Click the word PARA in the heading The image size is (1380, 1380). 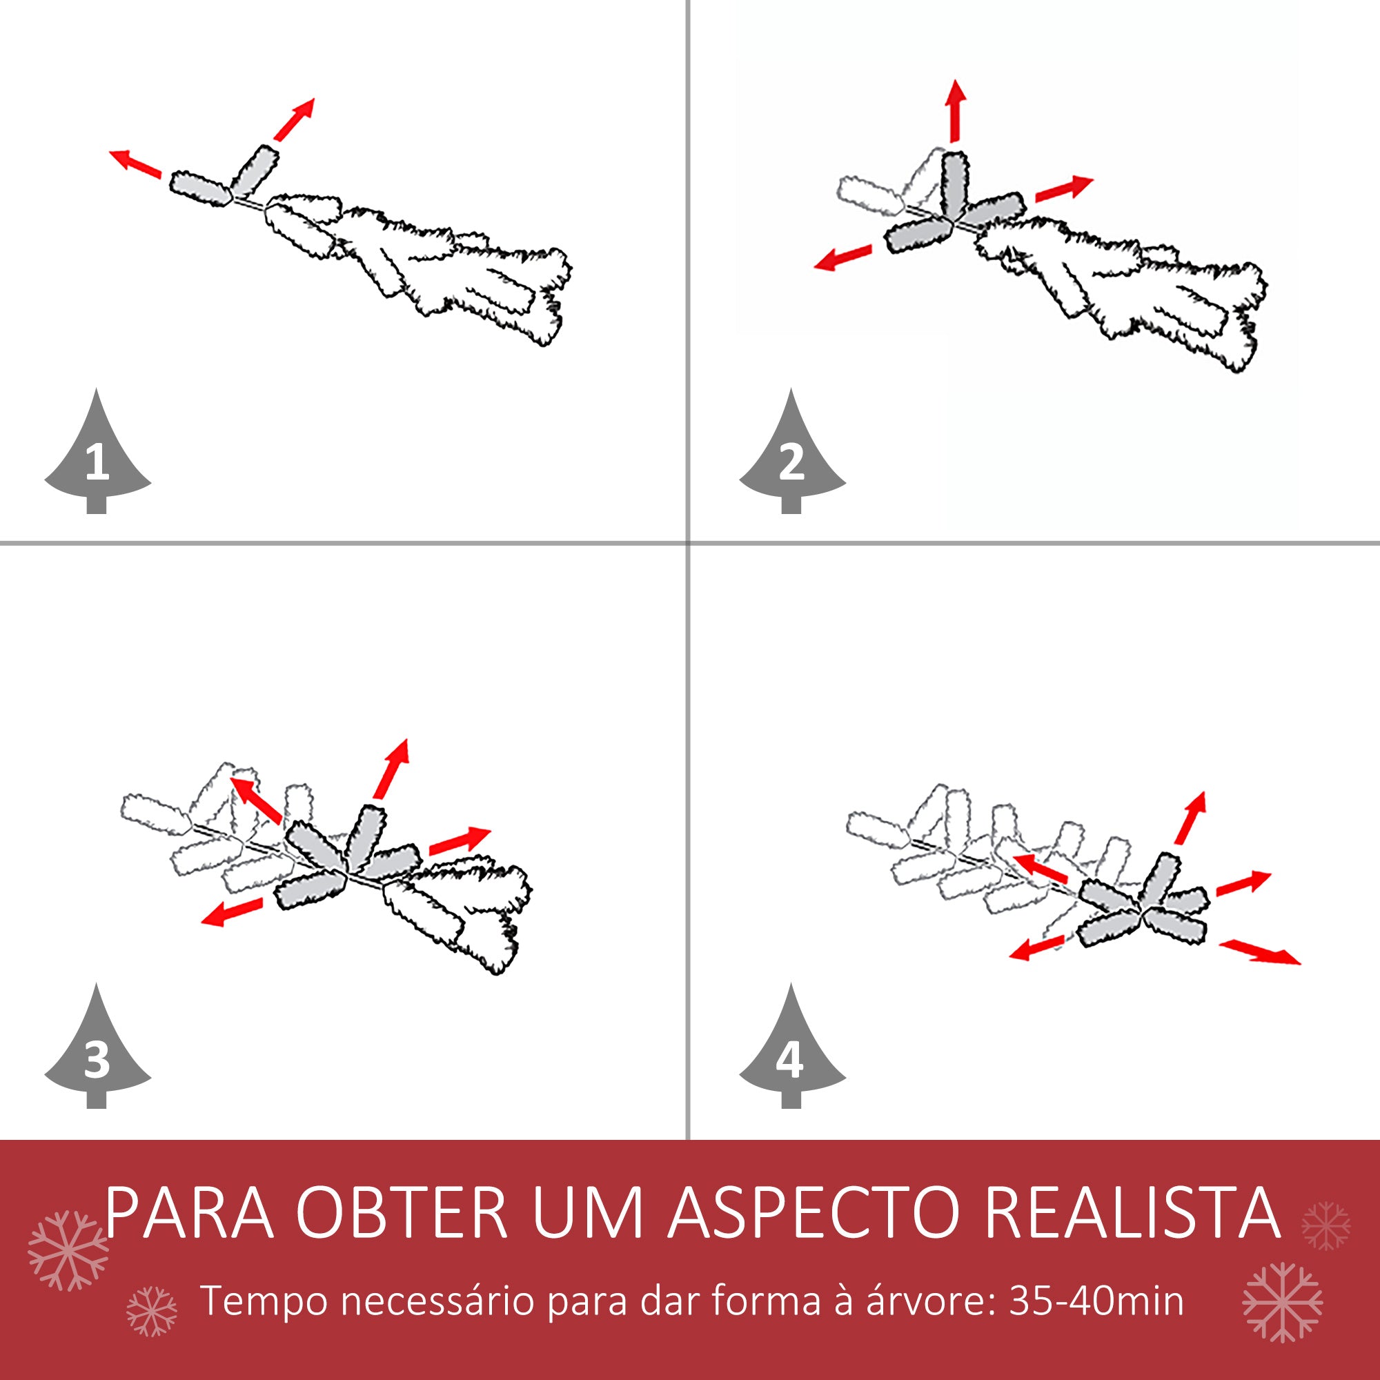coord(190,1214)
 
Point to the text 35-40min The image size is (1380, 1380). coord(1096,1301)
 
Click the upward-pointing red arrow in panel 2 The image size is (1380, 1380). coord(955,111)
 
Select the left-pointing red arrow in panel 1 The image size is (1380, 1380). coord(135,163)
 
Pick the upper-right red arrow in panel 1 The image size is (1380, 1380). coord(295,119)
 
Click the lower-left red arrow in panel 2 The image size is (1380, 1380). coord(844,257)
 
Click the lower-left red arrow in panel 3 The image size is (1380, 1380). coord(231,912)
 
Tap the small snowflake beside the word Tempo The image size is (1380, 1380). coord(150,1312)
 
